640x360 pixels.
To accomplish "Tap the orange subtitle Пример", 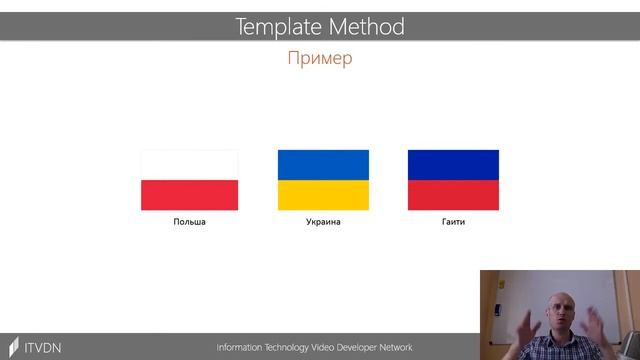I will click(320, 58).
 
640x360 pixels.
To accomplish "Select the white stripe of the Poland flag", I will click(189, 165).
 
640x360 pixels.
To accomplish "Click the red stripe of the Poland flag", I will click(189, 195).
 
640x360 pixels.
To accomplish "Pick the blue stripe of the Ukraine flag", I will click(323, 165).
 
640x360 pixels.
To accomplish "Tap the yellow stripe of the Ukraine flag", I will click(323, 195).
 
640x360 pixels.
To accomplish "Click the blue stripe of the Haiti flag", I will click(453, 165).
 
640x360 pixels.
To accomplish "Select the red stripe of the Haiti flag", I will click(453, 195).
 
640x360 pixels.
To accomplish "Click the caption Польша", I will click(189, 222).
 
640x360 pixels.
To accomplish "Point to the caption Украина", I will click(323, 222).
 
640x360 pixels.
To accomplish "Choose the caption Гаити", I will click(453, 222).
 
